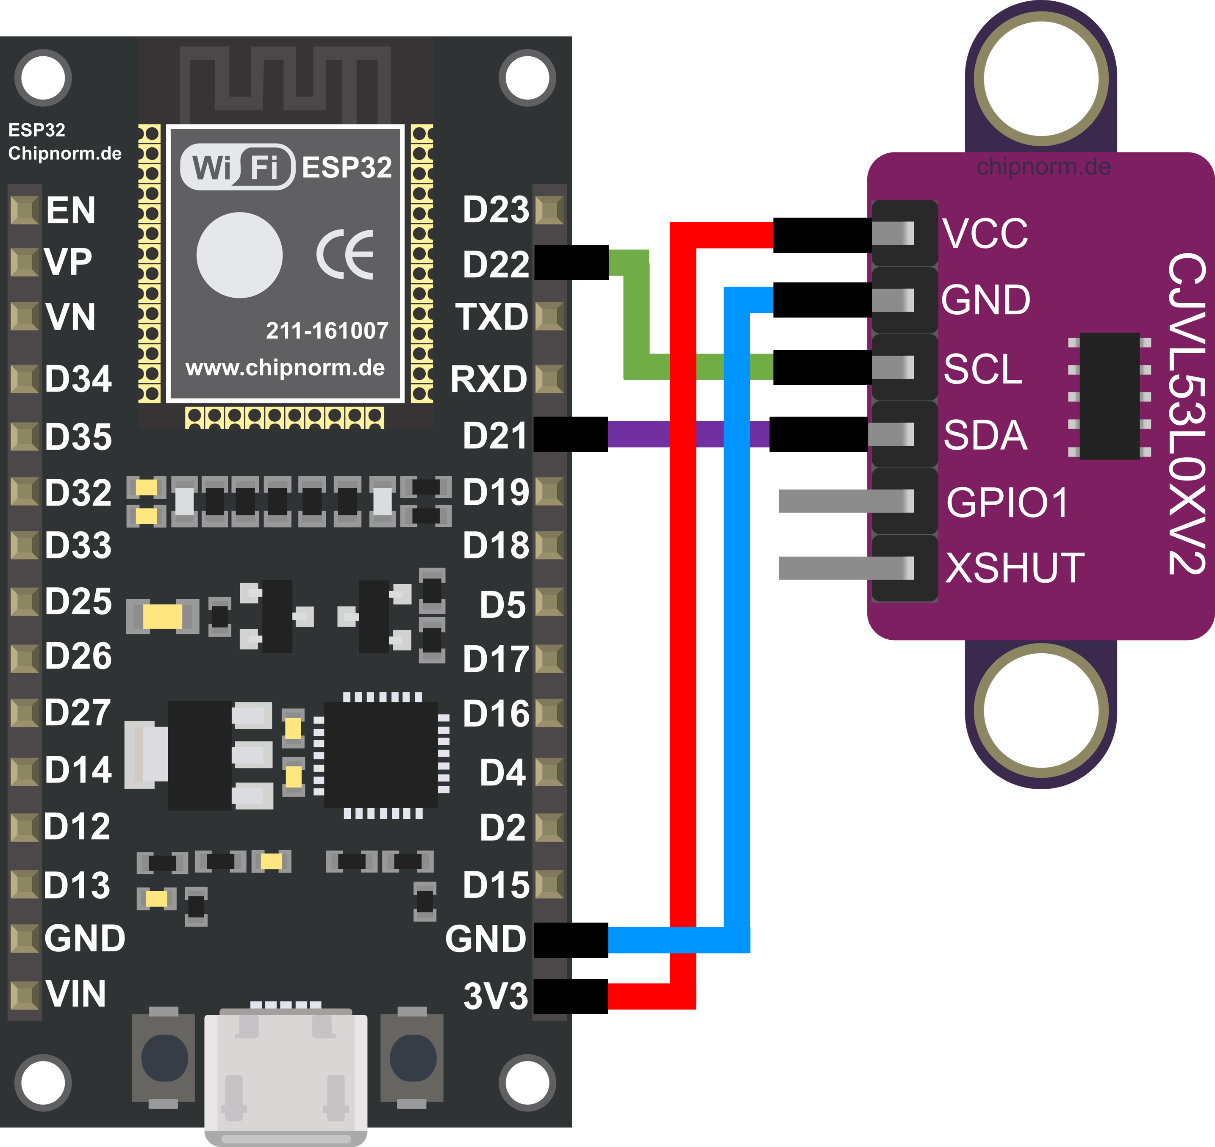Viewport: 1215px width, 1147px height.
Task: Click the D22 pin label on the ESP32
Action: (496, 264)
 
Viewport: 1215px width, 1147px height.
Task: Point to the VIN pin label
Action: (76, 994)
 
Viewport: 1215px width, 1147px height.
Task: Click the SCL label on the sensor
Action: (982, 369)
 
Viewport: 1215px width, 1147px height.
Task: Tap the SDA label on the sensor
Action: (985, 435)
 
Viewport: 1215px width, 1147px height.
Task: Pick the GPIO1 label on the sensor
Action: (1007, 503)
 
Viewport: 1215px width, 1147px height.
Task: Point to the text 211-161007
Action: (327, 331)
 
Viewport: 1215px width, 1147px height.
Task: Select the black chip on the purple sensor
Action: (1109, 395)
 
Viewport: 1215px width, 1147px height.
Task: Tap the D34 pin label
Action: (78, 379)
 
